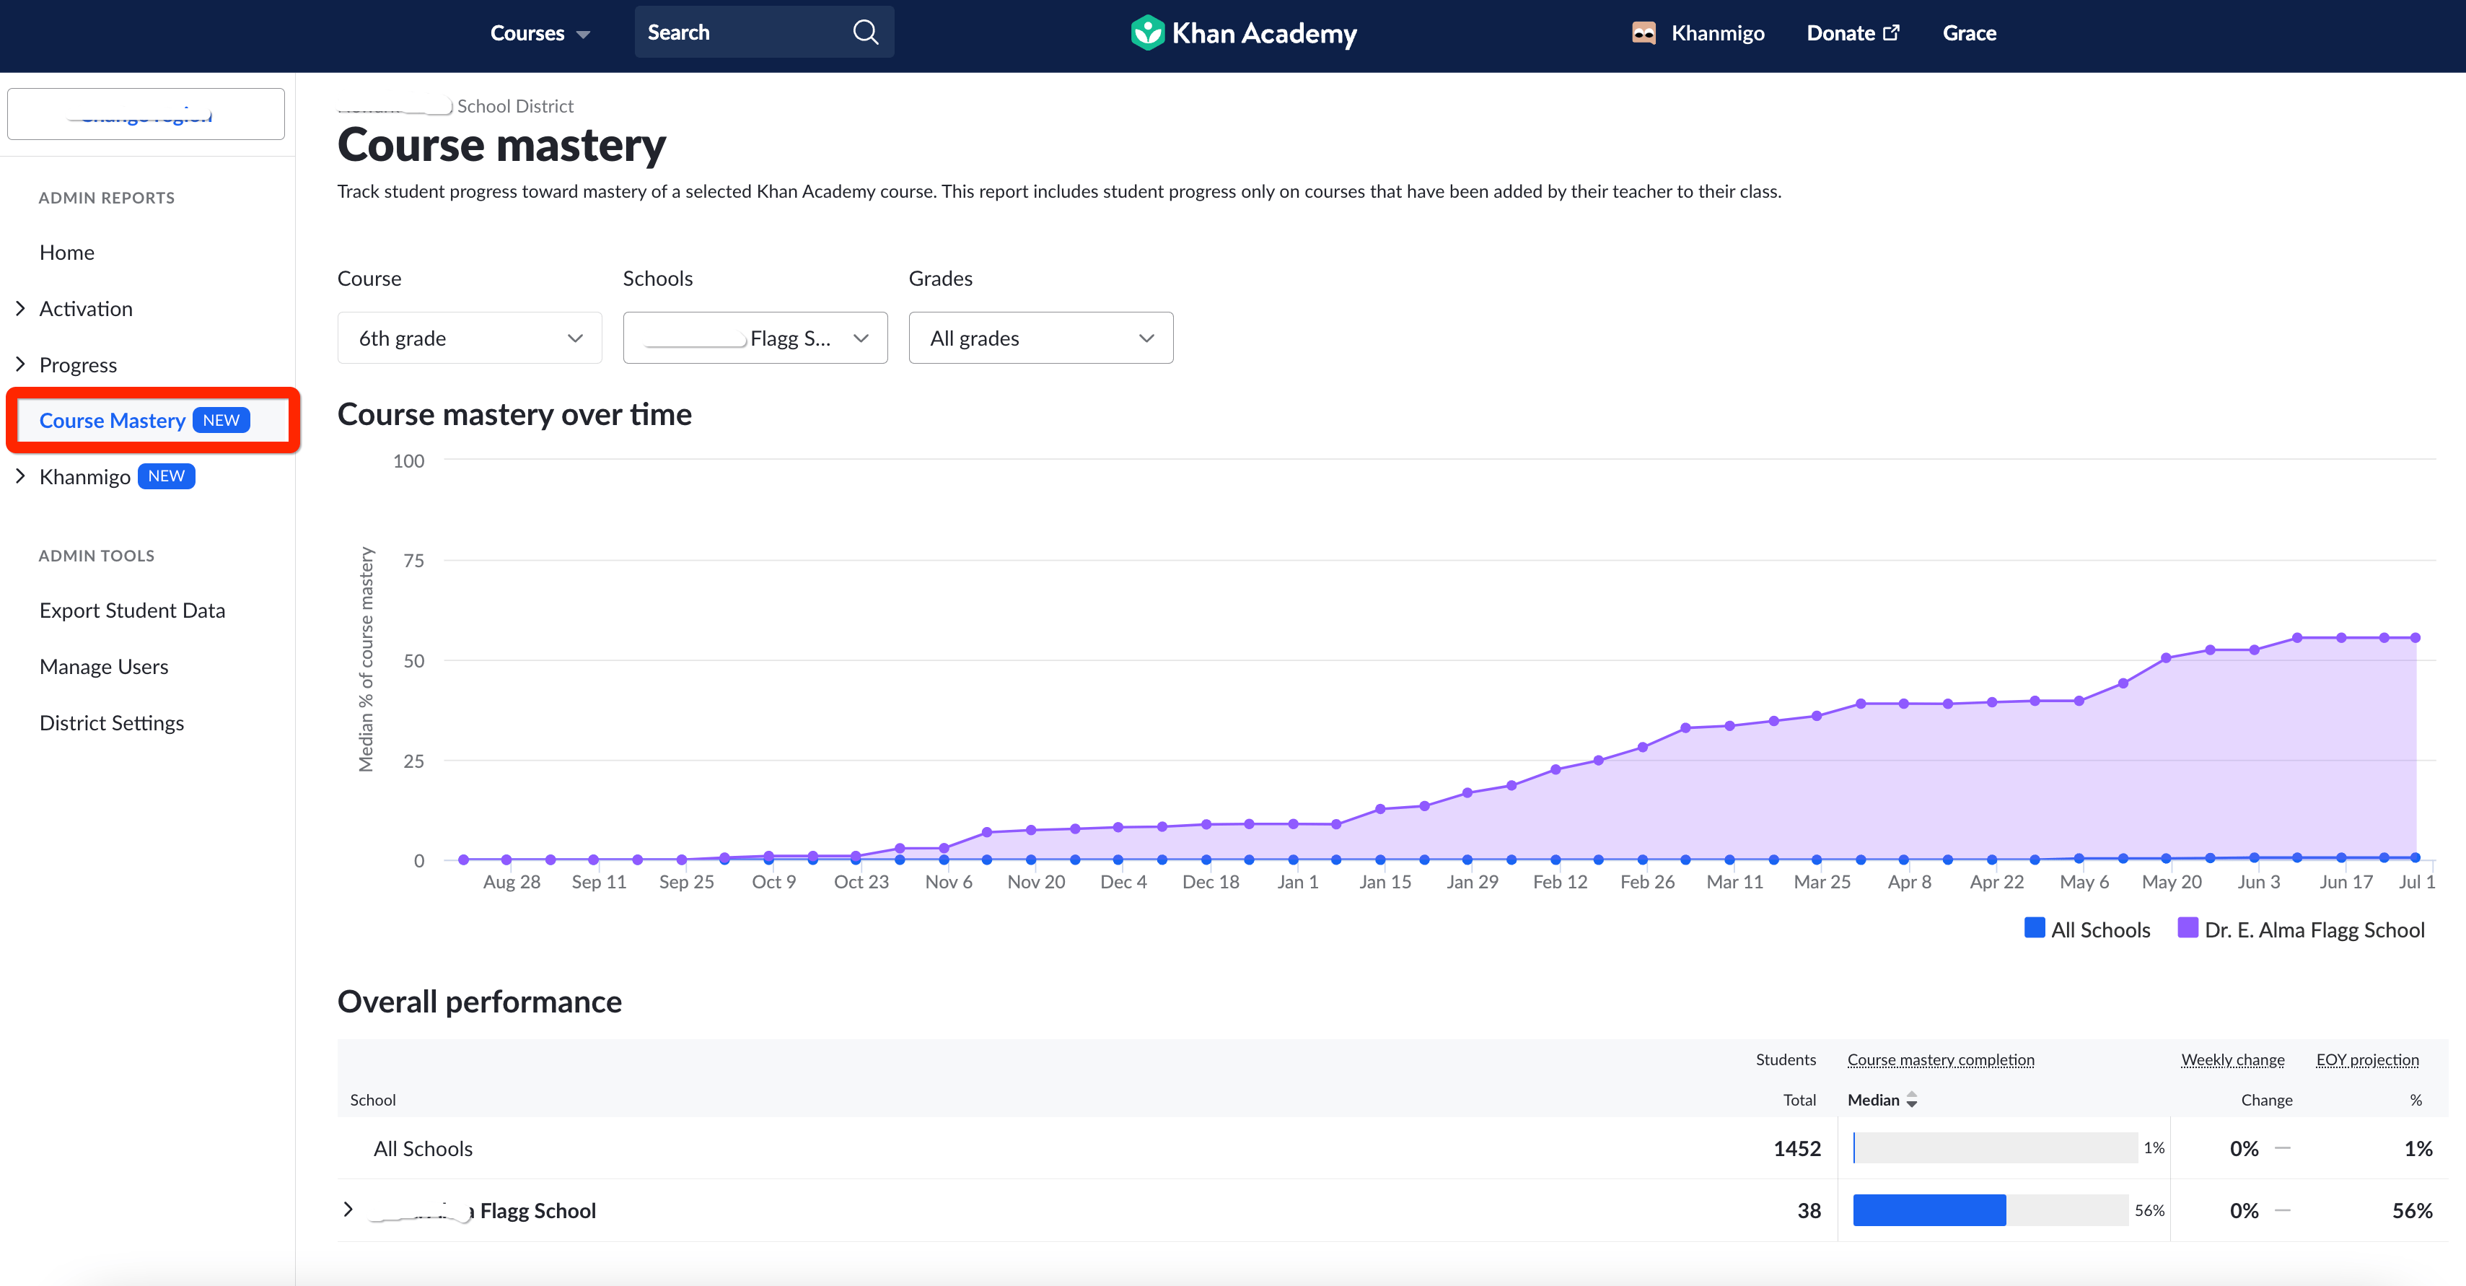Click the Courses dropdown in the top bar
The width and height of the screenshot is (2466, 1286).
[x=539, y=33]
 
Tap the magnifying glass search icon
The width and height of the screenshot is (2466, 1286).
[x=864, y=32]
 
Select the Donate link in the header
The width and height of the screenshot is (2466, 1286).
[x=1851, y=33]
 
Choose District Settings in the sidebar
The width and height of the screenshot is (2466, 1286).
[x=111, y=723]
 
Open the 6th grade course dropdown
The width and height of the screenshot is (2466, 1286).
[x=469, y=338]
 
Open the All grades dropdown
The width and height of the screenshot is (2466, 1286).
[x=1040, y=338]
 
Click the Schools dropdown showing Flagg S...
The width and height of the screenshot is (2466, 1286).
[x=755, y=338]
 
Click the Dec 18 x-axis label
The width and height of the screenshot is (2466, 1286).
[x=1210, y=882]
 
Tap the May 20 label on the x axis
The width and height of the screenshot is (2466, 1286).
[x=2171, y=882]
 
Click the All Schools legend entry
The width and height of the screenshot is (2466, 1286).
[x=2088, y=929]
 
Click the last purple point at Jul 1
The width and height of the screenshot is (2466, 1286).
[x=2415, y=638]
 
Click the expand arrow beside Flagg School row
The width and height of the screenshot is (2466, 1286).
[x=348, y=1210]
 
